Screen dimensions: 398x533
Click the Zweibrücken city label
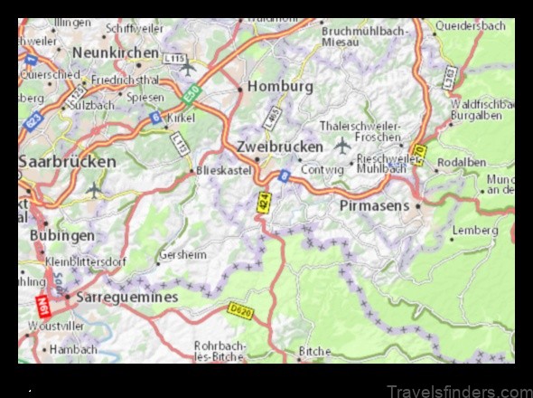pyautogui.click(x=279, y=146)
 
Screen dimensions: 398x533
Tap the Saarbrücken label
pyautogui.click(x=68, y=162)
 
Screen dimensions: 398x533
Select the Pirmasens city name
pyautogui.click(x=375, y=206)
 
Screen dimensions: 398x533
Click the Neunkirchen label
pyautogui.click(x=116, y=52)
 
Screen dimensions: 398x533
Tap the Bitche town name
pyautogui.click(x=314, y=350)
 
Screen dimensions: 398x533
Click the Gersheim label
pyautogui.click(x=182, y=255)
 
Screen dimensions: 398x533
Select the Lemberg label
pyautogui.click(x=474, y=231)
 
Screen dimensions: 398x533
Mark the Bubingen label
pyautogui.click(x=61, y=235)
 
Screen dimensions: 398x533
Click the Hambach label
pyautogui.click(x=73, y=349)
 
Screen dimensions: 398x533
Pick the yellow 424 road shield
pyautogui.click(x=263, y=205)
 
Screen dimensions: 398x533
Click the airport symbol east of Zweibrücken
pyautogui.click(x=342, y=145)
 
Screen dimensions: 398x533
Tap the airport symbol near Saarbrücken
pyautogui.click(x=95, y=190)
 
